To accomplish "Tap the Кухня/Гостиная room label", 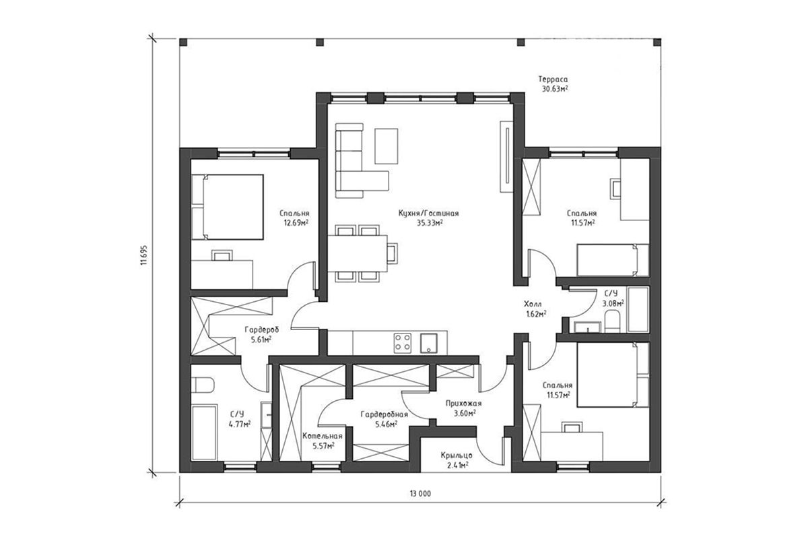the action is pyautogui.click(x=428, y=214).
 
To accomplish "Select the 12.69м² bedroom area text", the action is pyautogui.click(x=296, y=223).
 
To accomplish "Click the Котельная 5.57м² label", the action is pyautogui.click(x=323, y=441).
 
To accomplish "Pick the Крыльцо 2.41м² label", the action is pyautogui.click(x=457, y=460).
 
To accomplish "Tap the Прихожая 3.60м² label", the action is pyautogui.click(x=463, y=408).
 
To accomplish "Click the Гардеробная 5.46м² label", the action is pyautogui.click(x=384, y=419).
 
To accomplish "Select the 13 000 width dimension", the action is pyautogui.click(x=420, y=493).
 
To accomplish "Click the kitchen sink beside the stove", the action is pyautogui.click(x=428, y=343).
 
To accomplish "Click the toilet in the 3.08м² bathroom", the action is pyautogui.click(x=612, y=322).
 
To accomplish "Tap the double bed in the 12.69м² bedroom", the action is pyautogui.click(x=228, y=207).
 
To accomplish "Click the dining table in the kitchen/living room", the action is pyautogui.click(x=358, y=253).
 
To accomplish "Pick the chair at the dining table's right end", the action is pyautogui.click(x=392, y=253).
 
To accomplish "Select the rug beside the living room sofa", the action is pyautogui.click(x=386, y=146).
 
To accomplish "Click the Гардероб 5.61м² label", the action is pyautogui.click(x=261, y=334).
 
